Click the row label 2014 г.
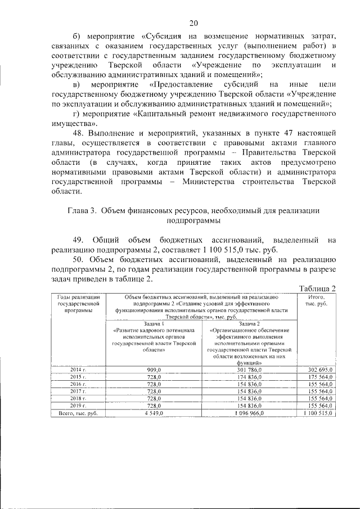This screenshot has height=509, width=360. (78, 369)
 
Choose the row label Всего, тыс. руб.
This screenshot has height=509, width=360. (78, 413)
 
